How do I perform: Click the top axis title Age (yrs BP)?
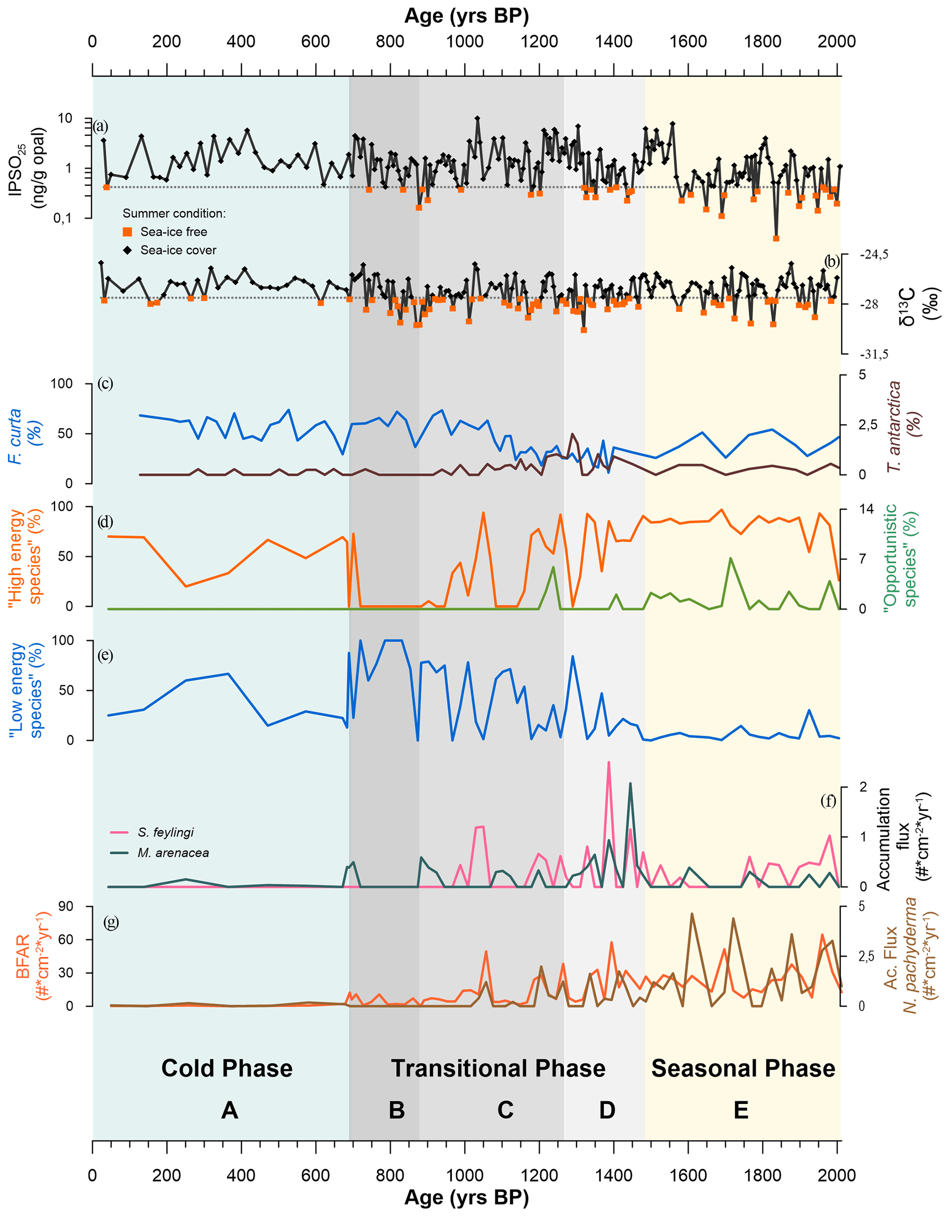point(466,16)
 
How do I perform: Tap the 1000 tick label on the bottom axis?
point(464,1176)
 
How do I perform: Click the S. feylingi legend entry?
point(165,833)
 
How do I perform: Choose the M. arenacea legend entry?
point(173,853)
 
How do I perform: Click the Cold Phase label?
point(227,1069)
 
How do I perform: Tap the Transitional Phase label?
point(498,1069)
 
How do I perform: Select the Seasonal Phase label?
point(743,1069)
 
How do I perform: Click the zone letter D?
point(607,1111)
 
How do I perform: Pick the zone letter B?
point(396,1111)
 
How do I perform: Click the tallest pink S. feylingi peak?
point(609,762)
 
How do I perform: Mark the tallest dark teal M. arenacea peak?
point(630,783)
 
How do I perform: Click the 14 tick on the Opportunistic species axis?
point(866,509)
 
